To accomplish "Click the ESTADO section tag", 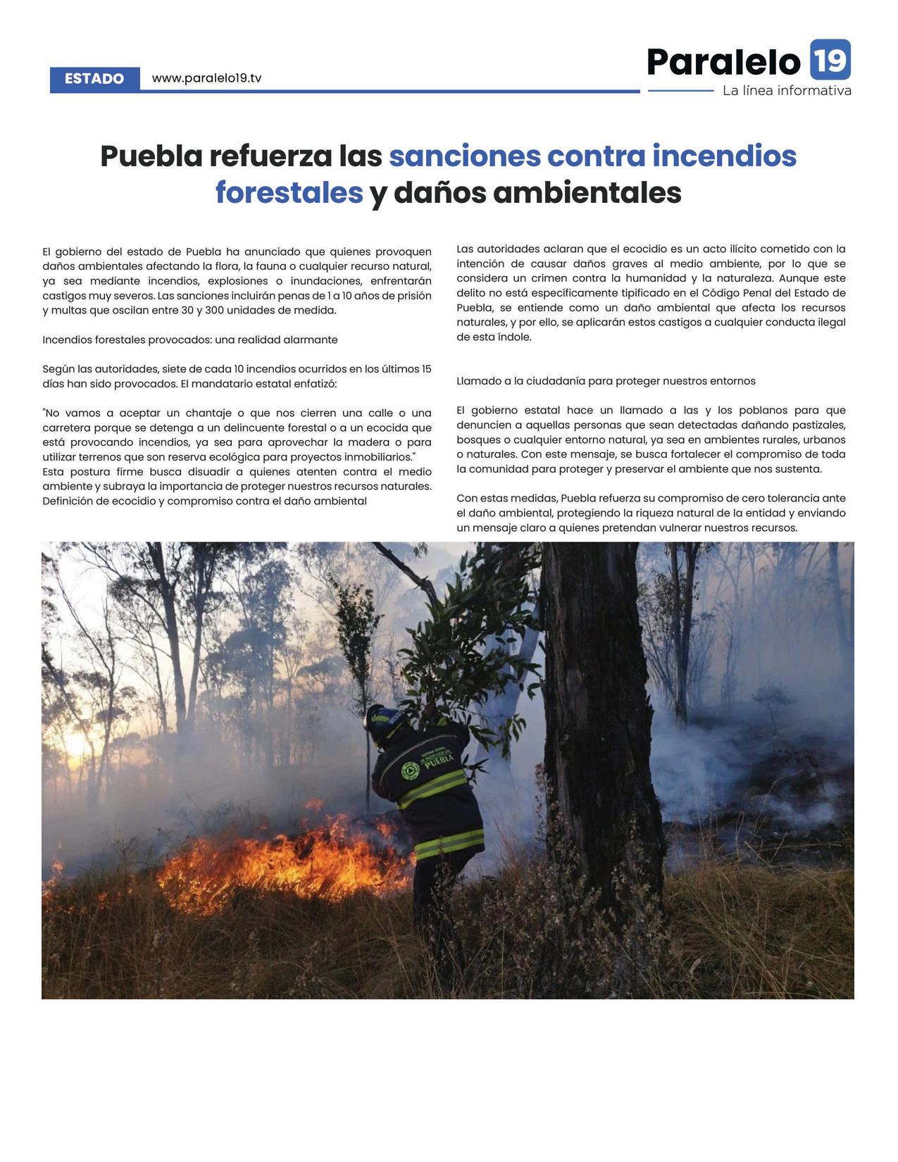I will tap(94, 79).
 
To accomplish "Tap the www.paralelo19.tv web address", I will tap(206, 78).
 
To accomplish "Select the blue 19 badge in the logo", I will tap(830, 60).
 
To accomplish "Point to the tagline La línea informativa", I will tap(786, 91).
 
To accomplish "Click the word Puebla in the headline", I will tap(151, 156).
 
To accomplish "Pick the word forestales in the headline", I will tap(289, 192).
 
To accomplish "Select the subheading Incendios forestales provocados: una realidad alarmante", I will tap(190, 339).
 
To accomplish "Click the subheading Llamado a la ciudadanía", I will tap(606, 381).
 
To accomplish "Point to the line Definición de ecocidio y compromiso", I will tap(204, 501).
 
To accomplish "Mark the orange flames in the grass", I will tap(282, 863).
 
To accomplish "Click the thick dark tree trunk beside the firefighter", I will tap(599, 739).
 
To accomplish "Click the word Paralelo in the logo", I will tap(723, 61).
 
